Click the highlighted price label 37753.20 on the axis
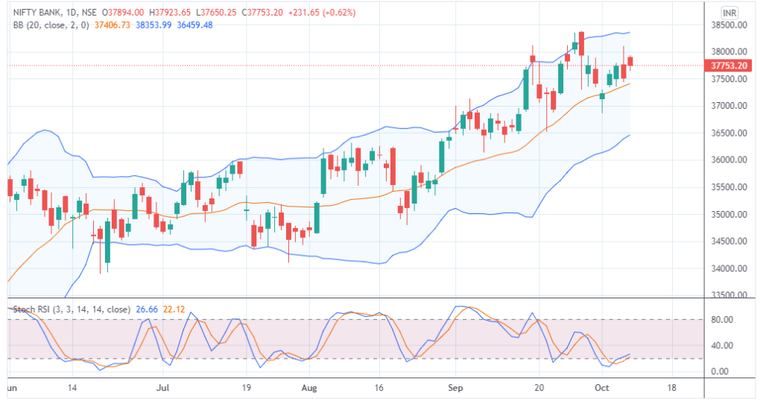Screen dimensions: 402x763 [729, 65]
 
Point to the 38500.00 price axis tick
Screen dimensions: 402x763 [729, 25]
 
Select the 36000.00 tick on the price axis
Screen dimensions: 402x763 [729, 160]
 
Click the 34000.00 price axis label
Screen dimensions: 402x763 [729, 268]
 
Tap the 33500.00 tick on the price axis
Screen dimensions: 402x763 [729, 295]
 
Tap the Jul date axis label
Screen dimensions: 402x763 [165, 389]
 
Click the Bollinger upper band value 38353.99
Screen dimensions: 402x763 [155, 25]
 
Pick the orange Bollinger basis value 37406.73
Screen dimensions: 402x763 [113, 25]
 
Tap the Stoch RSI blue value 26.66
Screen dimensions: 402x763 [145, 309]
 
